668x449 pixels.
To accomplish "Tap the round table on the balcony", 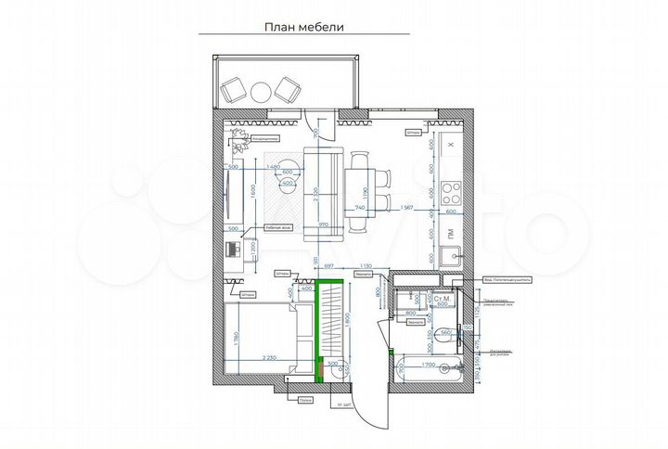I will click(259, 90).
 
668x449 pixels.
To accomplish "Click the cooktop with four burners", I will click(451, 194).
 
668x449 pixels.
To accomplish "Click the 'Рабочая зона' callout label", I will click(278, 225).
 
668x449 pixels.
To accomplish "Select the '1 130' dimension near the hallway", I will click(367, 266).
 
